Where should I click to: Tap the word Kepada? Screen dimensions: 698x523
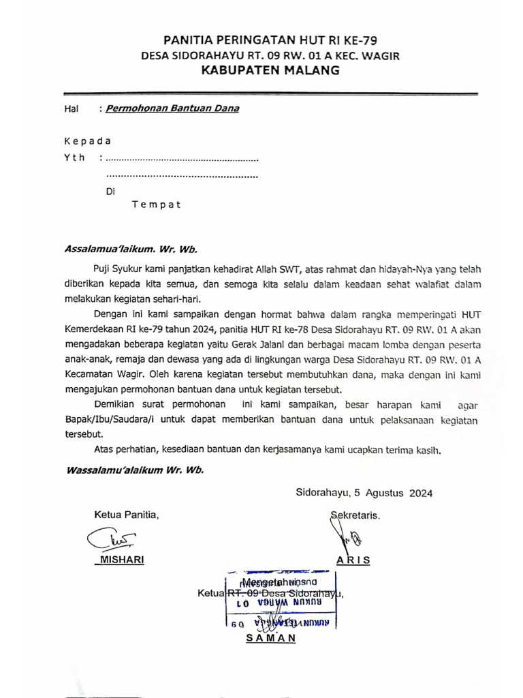[x=86, y=142]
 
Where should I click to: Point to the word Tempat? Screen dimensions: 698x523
[x=156, y=204]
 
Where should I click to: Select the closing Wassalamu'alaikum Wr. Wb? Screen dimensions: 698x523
[x=134, y=470]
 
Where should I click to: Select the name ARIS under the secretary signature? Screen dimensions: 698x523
[x=353, y=560]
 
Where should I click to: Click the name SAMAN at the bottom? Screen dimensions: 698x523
[x=270, y=638]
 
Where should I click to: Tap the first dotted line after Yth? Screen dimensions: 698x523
[x=183, y=160]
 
